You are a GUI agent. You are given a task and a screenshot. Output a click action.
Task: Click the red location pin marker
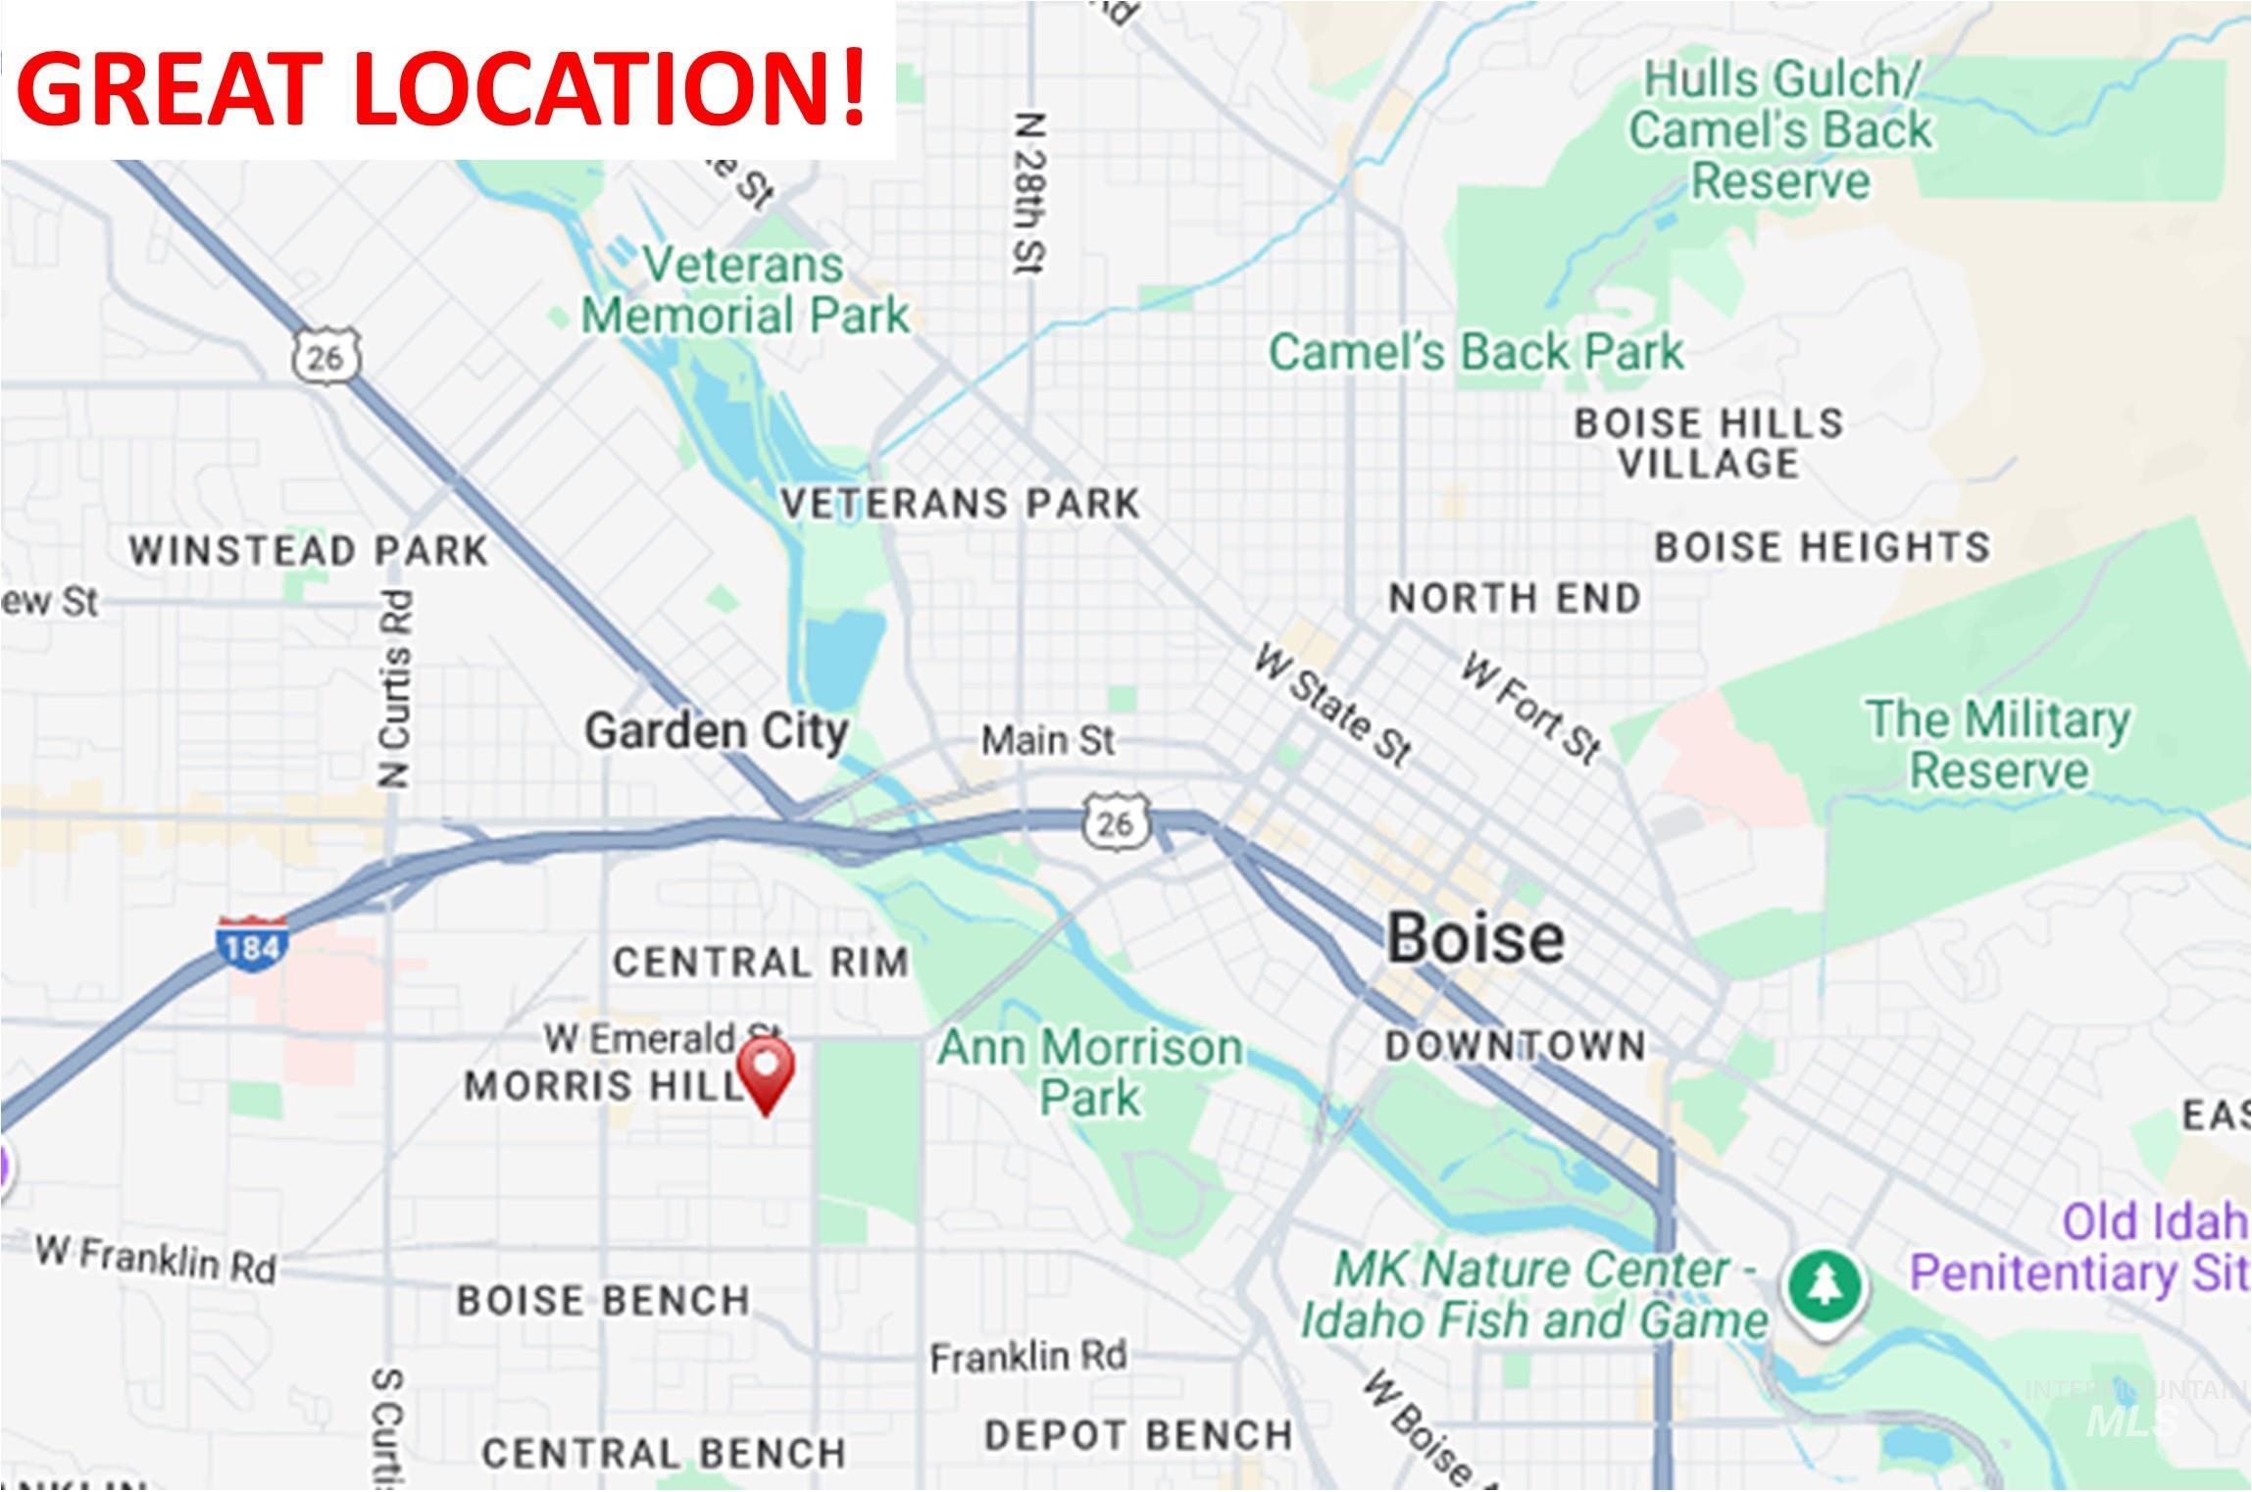click(765, 1072)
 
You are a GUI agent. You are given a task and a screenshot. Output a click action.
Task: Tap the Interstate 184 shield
click(252, 945)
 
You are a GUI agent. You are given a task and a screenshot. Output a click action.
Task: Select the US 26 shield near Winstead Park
click(325, 356)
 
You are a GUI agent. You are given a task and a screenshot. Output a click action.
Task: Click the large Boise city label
click(1475, 938)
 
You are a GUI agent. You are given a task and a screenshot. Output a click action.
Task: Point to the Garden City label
click(716, 732)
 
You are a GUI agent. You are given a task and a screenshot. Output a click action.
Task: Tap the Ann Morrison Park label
click(1089, 1072)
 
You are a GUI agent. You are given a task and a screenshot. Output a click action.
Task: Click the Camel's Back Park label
click(1476, 352)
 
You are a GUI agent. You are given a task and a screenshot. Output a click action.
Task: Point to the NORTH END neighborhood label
click(1515, 598)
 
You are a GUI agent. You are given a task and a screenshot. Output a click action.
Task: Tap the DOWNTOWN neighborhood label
click(1515, 1047)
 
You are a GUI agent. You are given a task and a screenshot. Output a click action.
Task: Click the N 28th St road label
click(1030, 194)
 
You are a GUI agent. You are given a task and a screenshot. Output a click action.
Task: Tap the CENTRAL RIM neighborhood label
click(761, 963)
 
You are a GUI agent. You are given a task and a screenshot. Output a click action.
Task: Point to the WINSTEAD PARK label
click(309, 551)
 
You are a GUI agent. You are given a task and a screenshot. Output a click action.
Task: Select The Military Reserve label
click(1997, 745)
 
